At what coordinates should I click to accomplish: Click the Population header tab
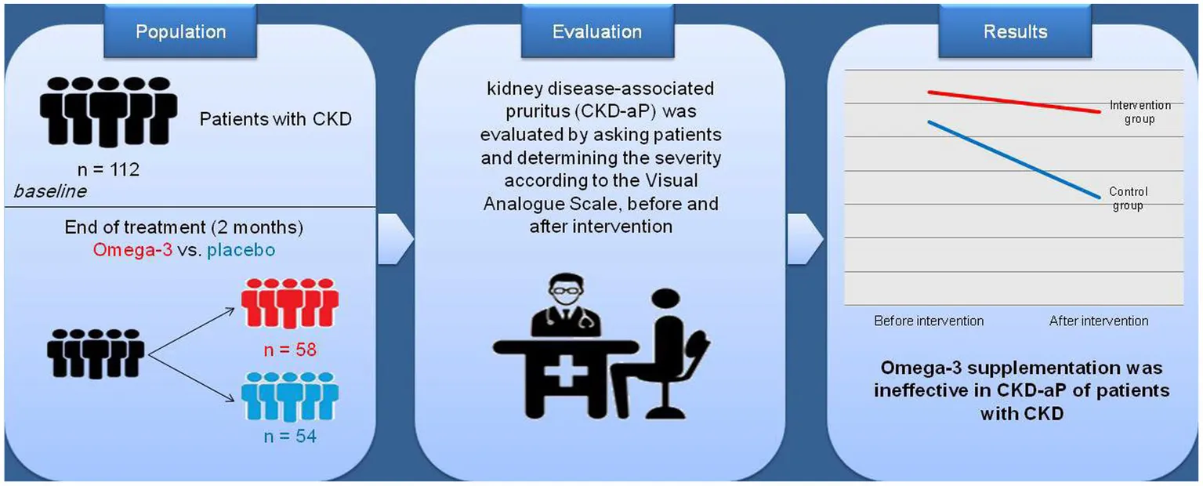click(180, 31)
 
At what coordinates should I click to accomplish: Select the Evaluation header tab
click(597, 31)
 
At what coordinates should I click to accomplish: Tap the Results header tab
click(1015, 31)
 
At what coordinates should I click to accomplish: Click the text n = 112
click(108, 169)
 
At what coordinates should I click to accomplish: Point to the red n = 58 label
click(290, 350)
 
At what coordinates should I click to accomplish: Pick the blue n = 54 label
click(290, 436)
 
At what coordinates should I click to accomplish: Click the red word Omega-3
click(132, 250)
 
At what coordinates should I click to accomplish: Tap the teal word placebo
click(241, 251)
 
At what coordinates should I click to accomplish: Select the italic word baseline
click(50, 191)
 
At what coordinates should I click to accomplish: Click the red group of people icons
click(289, 303)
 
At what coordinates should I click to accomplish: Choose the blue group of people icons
click(289, 397)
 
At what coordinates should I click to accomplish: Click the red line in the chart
click(1014, 102)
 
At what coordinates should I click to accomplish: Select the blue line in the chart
click(1014, 160)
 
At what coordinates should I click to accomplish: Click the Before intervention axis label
click(929, 321)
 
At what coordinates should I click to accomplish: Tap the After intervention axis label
click(1099, 321)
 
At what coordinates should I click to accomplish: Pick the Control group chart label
click(1128, 198)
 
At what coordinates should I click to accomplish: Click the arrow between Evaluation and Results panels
click(805, 239)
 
